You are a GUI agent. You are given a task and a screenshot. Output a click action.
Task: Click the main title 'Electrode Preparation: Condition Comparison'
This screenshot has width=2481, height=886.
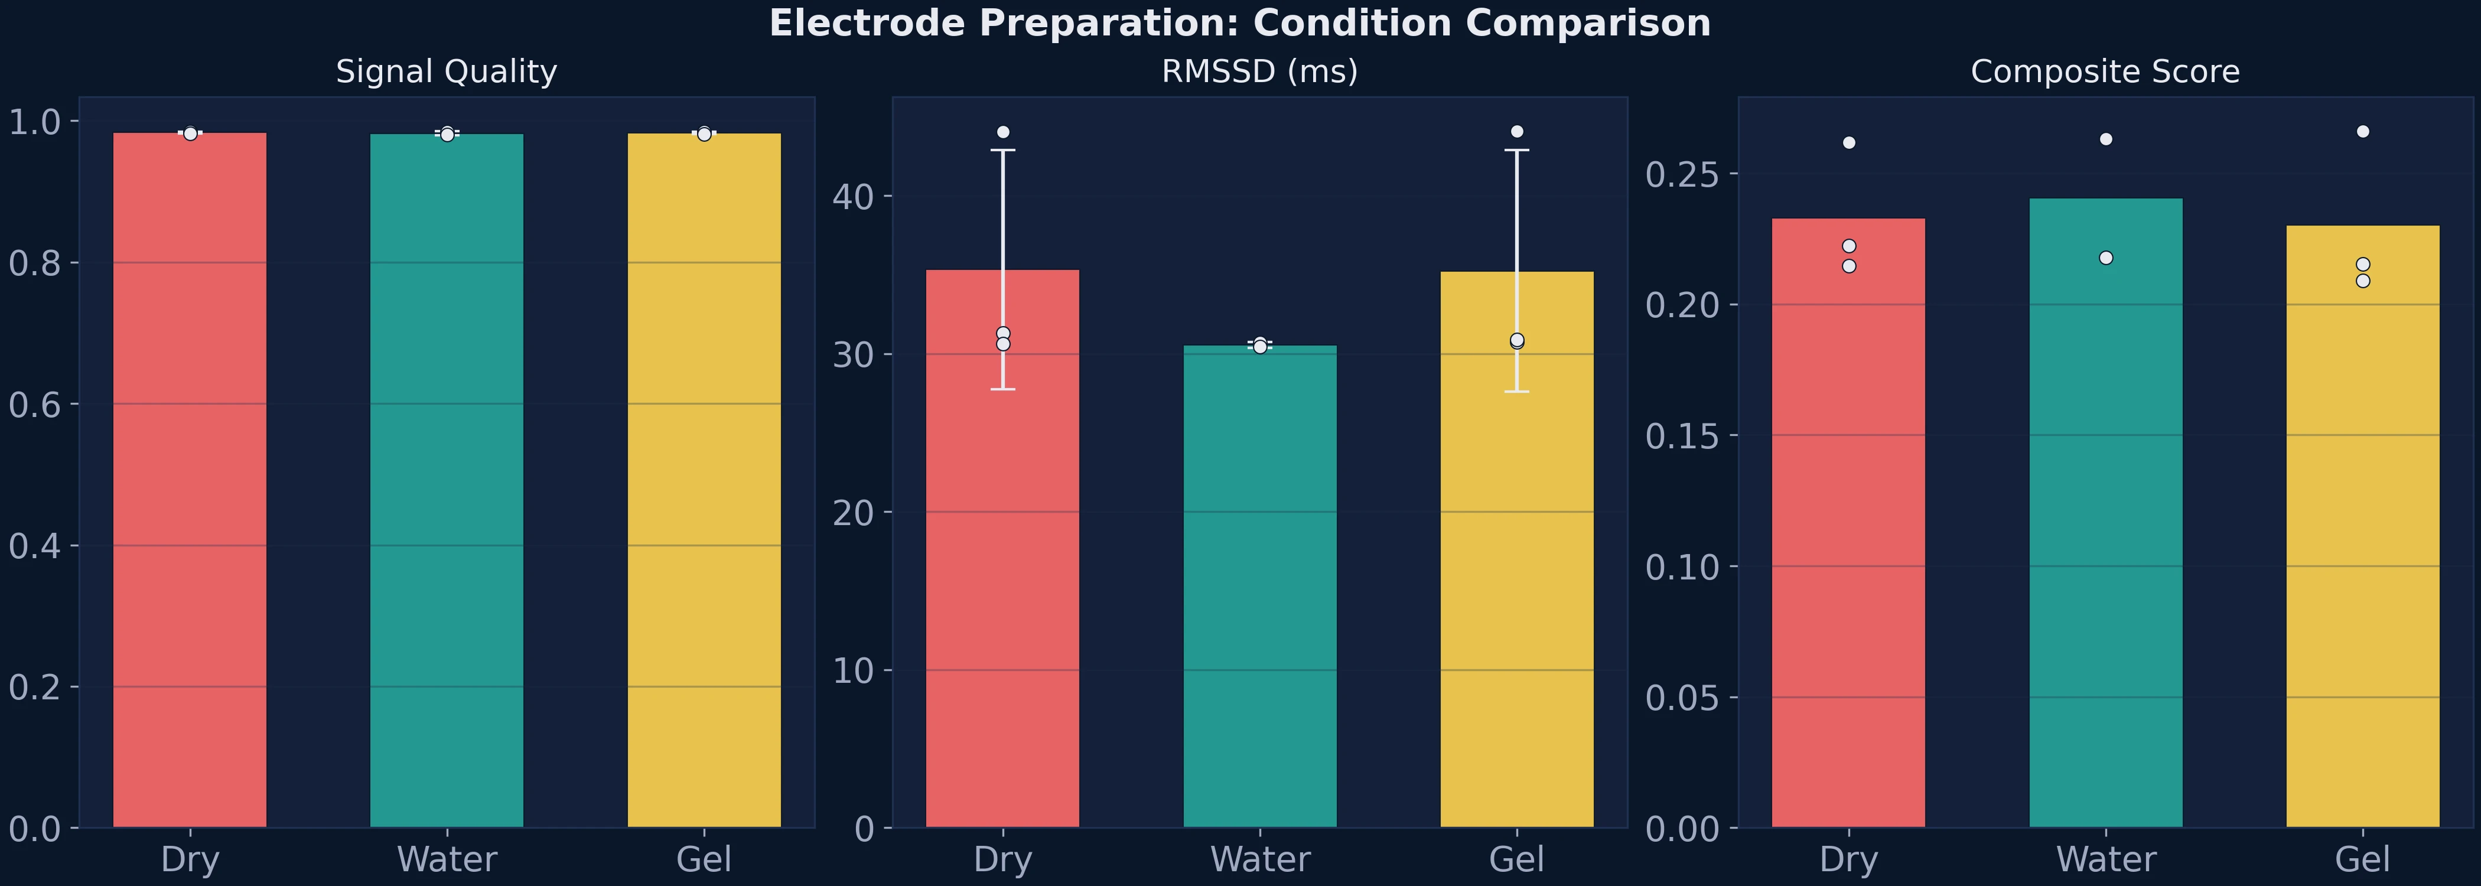point(1239,23)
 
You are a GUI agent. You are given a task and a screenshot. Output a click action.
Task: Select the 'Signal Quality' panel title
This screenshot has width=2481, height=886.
point(446,71)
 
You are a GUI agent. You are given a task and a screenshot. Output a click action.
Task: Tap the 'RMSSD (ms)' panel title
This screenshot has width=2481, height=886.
point(1260,71)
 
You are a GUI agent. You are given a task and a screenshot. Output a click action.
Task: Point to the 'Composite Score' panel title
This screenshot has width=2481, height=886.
point(2105,71)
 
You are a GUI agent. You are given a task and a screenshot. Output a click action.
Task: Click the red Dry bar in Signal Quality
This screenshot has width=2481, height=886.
point(190,481)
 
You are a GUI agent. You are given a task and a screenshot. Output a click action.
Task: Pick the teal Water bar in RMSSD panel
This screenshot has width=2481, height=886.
point(1260,588)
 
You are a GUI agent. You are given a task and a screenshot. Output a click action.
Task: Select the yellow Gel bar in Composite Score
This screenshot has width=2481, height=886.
point(2362,530)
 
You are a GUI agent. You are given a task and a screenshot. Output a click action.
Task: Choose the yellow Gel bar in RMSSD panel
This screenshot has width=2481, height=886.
point(1517,549)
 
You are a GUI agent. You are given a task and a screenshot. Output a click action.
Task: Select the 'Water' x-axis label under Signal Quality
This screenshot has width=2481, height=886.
point(447,859)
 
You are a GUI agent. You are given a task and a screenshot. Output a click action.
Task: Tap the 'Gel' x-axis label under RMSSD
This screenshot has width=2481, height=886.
point(1517,859)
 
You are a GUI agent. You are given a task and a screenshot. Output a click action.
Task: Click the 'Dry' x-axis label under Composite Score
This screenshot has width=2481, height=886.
point(1848,859)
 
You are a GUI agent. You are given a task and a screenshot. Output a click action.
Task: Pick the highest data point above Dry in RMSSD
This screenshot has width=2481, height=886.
point(1002,132)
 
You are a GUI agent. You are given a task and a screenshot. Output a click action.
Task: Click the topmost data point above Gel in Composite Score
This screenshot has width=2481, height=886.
point(2362,131)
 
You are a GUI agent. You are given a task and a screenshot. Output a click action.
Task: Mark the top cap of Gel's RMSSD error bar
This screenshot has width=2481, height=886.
point(1517,150)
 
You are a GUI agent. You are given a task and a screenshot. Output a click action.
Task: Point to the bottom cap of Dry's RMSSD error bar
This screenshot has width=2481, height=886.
point(1002,389)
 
